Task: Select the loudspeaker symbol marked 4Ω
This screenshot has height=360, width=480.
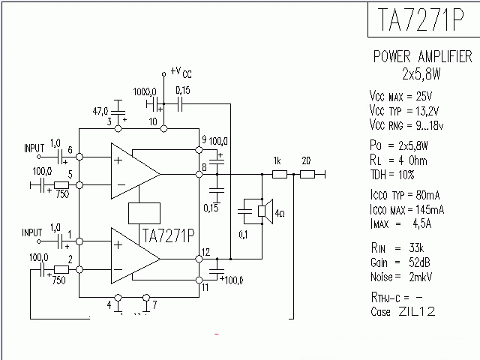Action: pos(264,212)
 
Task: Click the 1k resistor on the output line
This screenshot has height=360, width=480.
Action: pos(279,174)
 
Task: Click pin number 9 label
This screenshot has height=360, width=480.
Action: pos(204,140)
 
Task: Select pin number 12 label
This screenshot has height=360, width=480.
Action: pos(205,251)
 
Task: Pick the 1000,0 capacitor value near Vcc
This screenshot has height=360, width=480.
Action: pos(145,91)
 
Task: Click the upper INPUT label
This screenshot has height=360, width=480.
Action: pos(34,147)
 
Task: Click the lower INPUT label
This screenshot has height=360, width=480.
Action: pos(34,232)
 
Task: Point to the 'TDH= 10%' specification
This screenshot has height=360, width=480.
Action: pos(396,174)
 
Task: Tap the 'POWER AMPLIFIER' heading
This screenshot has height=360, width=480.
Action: pos(422,58)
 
